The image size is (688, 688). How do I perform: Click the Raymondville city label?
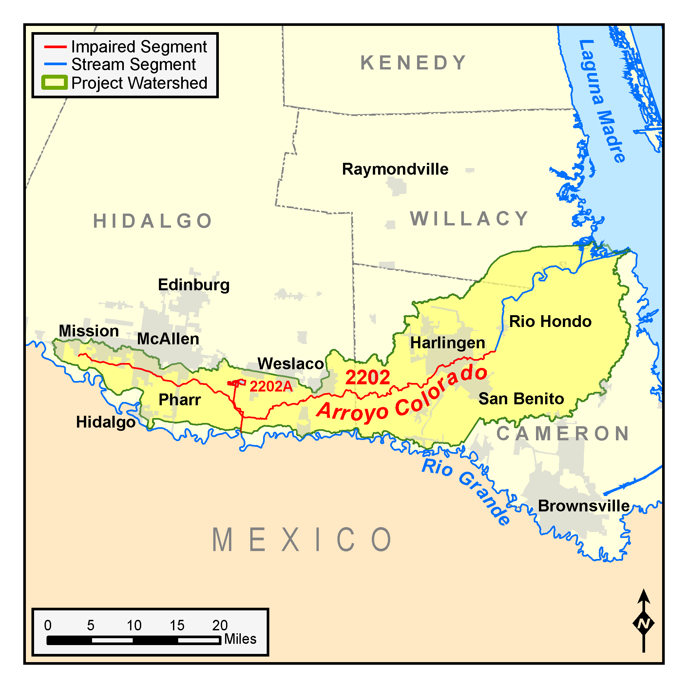[395, 169]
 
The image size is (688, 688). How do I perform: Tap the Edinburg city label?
[194, 285]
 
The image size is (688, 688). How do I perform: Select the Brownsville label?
[583, 506]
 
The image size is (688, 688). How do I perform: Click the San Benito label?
[521, 398]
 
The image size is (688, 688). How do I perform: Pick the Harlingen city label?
[448, 343]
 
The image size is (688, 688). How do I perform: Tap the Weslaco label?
[291, 364]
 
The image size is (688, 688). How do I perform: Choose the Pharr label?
[180, 400]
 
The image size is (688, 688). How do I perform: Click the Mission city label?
[89, 331]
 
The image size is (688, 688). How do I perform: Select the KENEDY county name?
[413, 63]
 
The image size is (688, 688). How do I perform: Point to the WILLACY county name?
[469, 218]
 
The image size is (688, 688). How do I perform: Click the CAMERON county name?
[563, 433]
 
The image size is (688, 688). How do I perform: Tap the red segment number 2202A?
[271, 386]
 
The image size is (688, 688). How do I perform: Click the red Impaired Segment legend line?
[55, 47]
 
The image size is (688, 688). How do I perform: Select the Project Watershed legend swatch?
[54, 83]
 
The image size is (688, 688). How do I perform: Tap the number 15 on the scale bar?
[177, 625]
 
